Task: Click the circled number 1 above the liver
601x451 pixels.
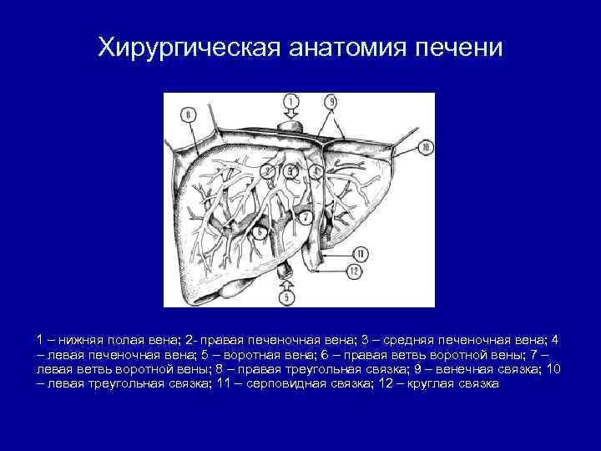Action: click(290, 102)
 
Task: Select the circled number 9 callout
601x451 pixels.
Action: click(331, 102)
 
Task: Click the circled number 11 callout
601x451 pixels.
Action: click(360, 253)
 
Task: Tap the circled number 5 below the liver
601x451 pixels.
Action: click(288, 296)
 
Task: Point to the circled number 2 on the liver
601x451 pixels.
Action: click(266, 172)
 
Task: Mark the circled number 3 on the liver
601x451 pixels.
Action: click(290, 171)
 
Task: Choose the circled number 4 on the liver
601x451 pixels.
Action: click(315, 172)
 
